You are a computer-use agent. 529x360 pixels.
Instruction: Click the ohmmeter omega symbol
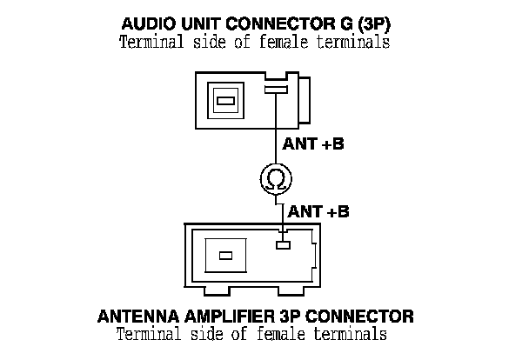pos(276,180)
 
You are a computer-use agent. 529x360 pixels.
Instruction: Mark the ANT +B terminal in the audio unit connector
pos(276,90)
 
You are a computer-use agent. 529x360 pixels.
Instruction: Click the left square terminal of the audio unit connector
pos(224,102)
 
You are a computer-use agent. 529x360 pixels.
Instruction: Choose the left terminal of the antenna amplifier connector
pos(225,256)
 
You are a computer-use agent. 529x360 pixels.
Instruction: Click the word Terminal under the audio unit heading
pos(150,43)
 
